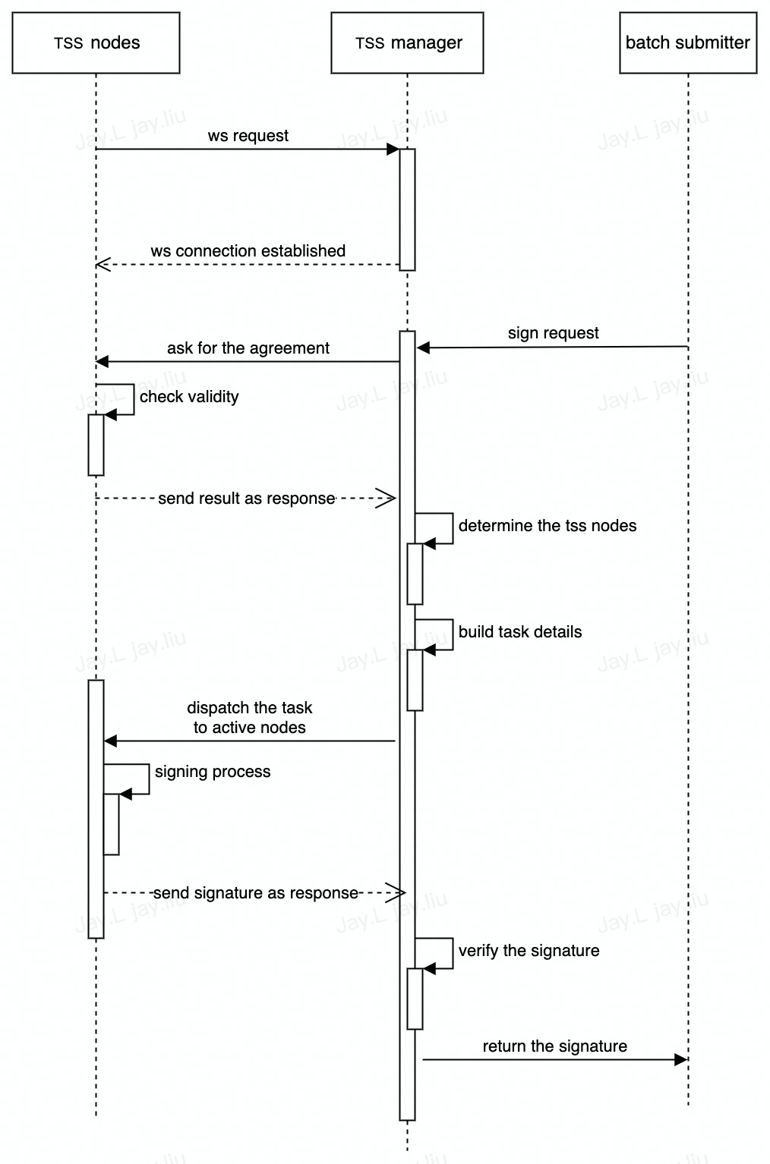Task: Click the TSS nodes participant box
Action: coord(96,42)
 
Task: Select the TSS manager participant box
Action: coord(407,42)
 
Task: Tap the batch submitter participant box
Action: coord(688,42)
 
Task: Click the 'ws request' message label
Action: coord(248,136)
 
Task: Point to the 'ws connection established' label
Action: coord(248,251)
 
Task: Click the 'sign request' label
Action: coord(554,333)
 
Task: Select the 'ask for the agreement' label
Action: coord(248,348)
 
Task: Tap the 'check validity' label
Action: coord(189,397)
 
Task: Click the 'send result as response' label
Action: coord(247,499)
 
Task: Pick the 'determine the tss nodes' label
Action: coord(548,526)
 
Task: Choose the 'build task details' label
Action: coord(520,632)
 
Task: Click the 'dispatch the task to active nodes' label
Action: coord(250,718)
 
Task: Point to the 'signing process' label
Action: coord(213,772)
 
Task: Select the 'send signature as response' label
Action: coord(256,893)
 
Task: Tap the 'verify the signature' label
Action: coord(529,951)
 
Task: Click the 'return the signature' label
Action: coord(555,1046)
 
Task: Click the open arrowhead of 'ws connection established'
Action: coord(103,264)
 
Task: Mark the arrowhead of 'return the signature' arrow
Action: coord(681,1059)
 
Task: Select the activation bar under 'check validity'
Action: coord(96,445)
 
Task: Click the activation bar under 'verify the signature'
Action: coord(415,999)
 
